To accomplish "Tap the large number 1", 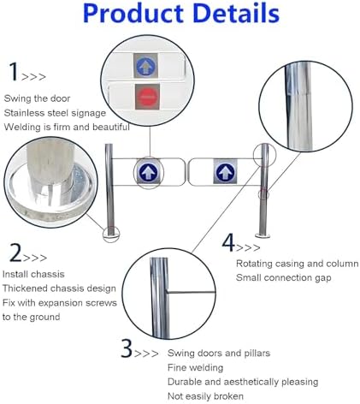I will pyautogui.click(x=13, y=71).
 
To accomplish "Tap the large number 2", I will pyautogui.click(x=15, y=253).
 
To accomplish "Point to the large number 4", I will pyautogui.click(x=228, y=242).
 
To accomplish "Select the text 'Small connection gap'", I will pyautogui.click(x=284, y=277).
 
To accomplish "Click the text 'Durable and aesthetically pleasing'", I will pyautogui.click(x=243, y=381).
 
